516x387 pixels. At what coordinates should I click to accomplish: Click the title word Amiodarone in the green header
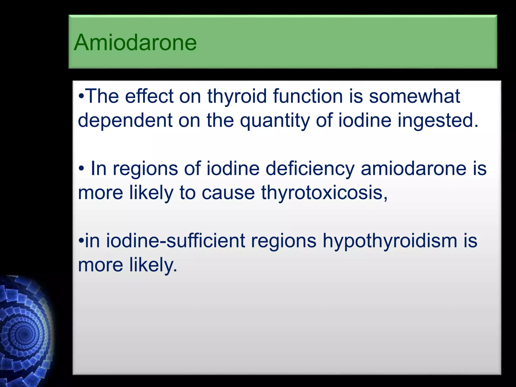[135, 42]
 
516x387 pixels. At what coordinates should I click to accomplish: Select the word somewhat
[414, 96]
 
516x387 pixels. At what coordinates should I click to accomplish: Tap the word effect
[149, 96]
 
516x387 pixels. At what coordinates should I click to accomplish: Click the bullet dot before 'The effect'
[81, 97]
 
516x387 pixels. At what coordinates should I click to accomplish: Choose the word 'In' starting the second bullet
[99, 168]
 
